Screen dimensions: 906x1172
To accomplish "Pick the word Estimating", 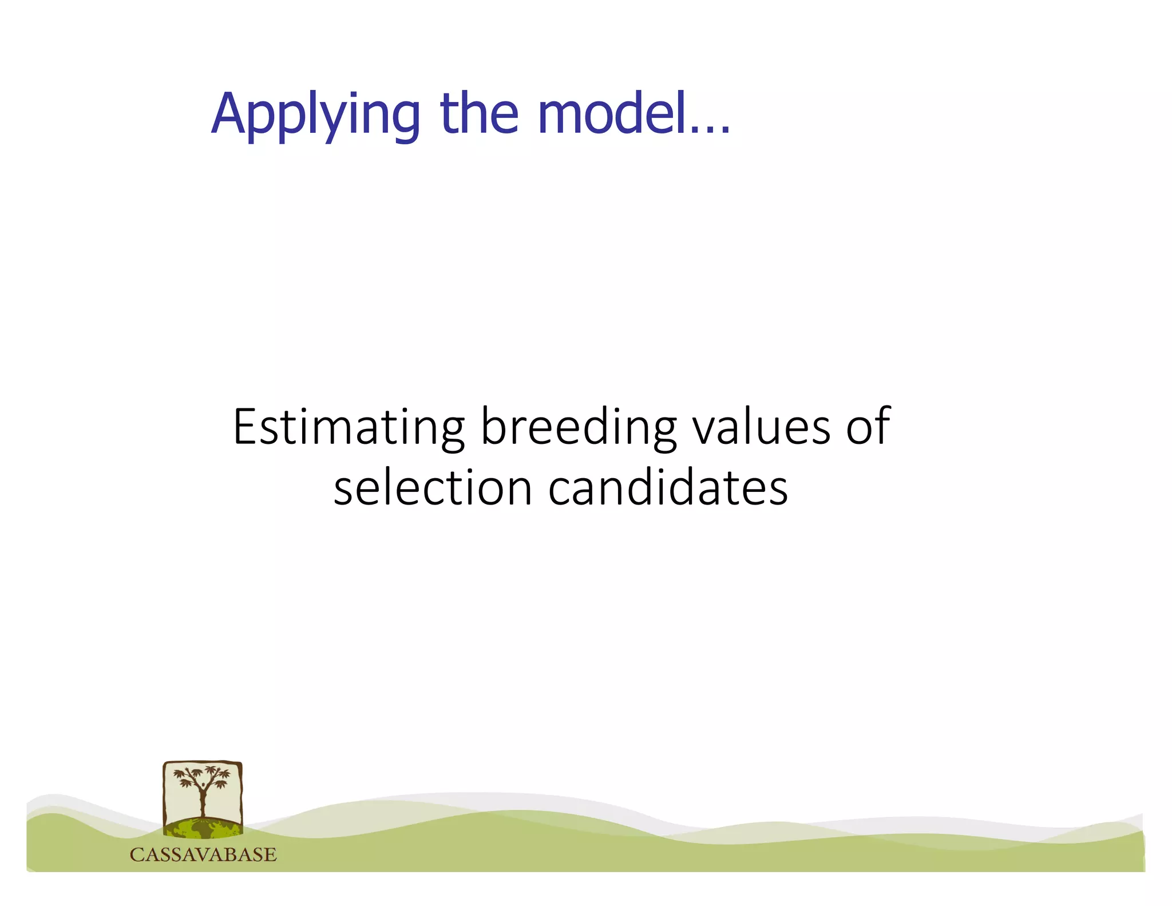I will (x=349, y=427).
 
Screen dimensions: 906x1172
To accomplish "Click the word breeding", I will (x=579, y=427).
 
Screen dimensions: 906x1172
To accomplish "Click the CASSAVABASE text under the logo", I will (x=203, y=854).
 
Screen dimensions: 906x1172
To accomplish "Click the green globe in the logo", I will (x=203, y=828).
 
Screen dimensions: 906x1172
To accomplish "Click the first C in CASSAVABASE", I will (x=137, y=854).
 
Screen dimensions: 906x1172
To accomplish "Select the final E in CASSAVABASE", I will (x=270, y=854).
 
